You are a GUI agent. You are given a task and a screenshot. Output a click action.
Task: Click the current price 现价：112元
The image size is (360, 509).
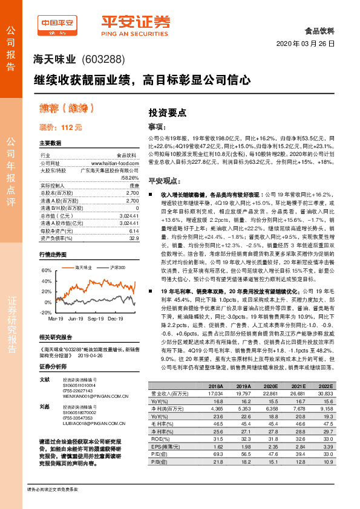coord(61,128)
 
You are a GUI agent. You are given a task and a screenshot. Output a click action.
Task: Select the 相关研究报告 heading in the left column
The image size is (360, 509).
coord(57,337)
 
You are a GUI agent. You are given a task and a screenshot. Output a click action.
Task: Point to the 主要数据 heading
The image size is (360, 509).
coord(51,143)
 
